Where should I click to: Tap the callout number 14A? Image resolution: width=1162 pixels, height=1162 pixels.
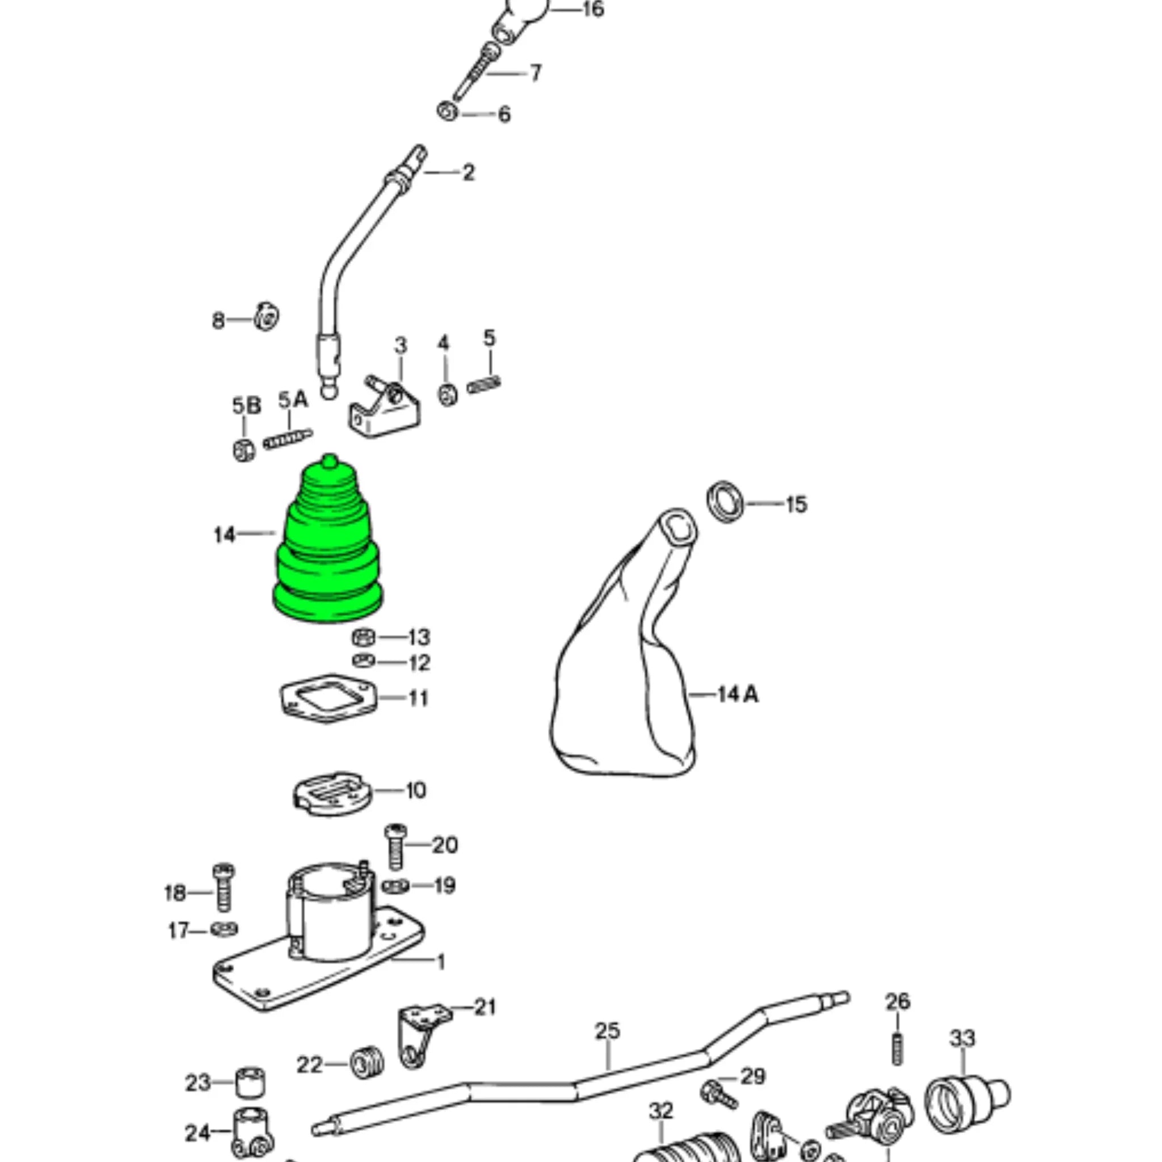point(738,695)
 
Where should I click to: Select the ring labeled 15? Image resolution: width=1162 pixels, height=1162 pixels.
point(725,502)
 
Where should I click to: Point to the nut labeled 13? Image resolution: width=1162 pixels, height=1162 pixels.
point(363,637)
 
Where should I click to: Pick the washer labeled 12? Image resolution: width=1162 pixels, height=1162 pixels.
point(363,661)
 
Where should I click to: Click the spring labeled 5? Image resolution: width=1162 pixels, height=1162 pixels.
point(484,384)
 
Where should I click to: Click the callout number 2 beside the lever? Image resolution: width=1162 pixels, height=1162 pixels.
point(468,173)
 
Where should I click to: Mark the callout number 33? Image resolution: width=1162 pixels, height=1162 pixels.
point(962,1039)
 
